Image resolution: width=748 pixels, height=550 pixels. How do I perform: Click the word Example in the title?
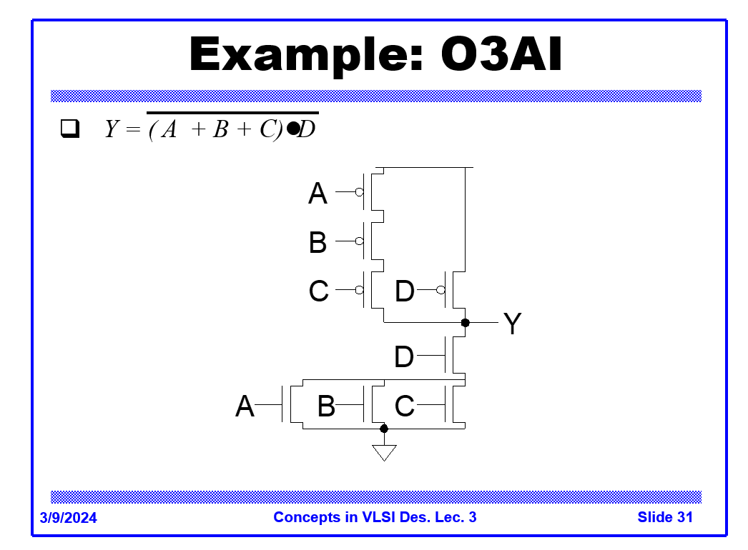pyautogui.click(x=306, y=55)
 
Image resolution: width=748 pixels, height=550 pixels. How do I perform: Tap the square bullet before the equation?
pyautogui.click(x=70, y=129)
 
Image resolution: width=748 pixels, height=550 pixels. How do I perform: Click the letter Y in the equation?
pyautogui.click(x=112, y=129)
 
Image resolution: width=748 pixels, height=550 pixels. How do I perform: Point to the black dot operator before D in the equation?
pyautogui.click(x=293, y=128)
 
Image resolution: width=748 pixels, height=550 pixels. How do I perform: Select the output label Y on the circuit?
pyautogui.click(x=512, y=324)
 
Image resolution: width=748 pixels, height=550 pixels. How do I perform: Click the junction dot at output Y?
pyautogui.click(x=465, y=323)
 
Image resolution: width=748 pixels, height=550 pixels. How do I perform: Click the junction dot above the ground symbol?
pyautogui.click(x=384, y=429)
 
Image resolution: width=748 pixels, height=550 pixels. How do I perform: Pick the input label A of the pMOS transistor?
pyautogui.click(x=318, y=193)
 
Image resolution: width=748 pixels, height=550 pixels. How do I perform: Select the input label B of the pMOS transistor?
pyautogui.click(x=318, y=242)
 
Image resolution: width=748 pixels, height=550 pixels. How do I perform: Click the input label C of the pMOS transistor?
pyautogui.click(x=319, y=291)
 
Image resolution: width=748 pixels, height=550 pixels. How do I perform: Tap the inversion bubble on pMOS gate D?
pyautogui.click(x=441, y=290)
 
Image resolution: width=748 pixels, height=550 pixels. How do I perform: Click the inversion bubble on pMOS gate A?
pyautogui.click(x=359, y=192)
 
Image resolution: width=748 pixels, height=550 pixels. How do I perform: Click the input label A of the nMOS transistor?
pyautogui.click(x=245, y=406)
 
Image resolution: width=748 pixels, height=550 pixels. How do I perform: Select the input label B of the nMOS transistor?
pyautogui.click(x=326, y=406)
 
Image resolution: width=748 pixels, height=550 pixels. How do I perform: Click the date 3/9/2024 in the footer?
pyautogui.click(x=68, y=518)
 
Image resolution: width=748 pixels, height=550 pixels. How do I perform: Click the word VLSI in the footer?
pyautogui.click(x=379, y=517)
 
